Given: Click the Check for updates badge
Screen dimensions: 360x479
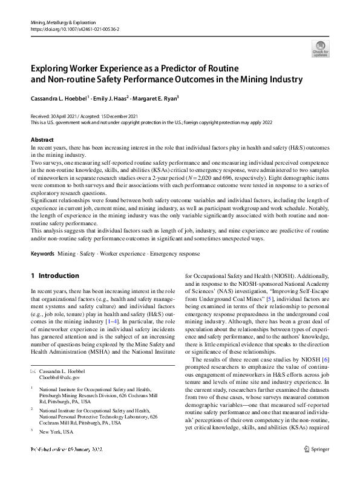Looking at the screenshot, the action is pos(320,48).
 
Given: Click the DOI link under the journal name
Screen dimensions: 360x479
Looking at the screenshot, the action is pos(71,28).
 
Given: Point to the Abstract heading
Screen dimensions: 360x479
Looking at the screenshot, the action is pos(42,139).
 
